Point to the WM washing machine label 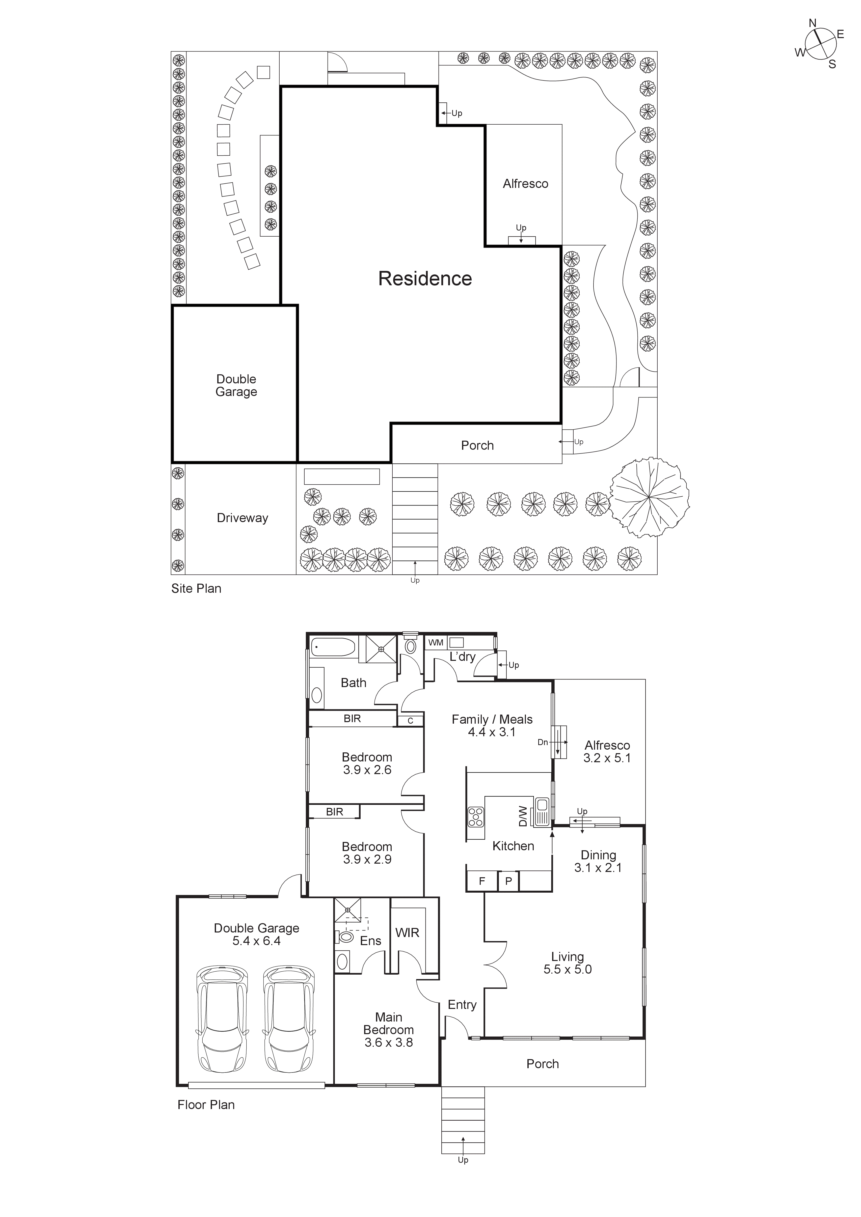click(x=436, y=642)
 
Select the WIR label click(x=407, y=933)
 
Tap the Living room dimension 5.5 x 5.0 click(x=567, y=970)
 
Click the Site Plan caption click(x=196, y=588)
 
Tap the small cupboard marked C click(x=410, y=720)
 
